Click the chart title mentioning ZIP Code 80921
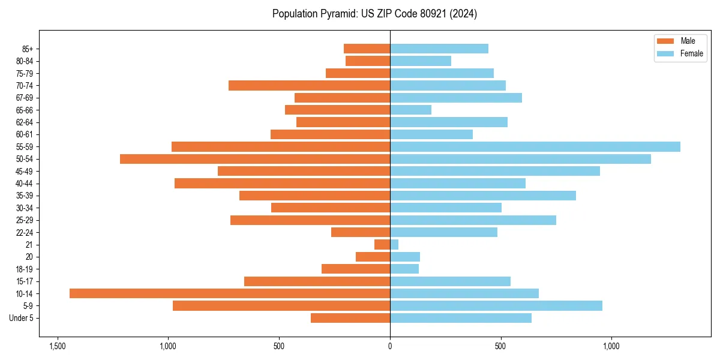(374, 14)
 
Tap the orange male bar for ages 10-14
(230, 293)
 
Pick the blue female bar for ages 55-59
(535, 146)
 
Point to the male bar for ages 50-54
(255, 159)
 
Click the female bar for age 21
(394, 245)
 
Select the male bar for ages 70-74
(309, 85)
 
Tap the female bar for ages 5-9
(496, 305)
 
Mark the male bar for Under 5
(350, 318)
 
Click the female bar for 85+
(439, 49)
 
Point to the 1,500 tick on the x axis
(58, 346)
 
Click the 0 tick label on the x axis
(390, 346)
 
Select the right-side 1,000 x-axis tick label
(611, 346)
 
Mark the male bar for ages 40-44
(282, 183)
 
